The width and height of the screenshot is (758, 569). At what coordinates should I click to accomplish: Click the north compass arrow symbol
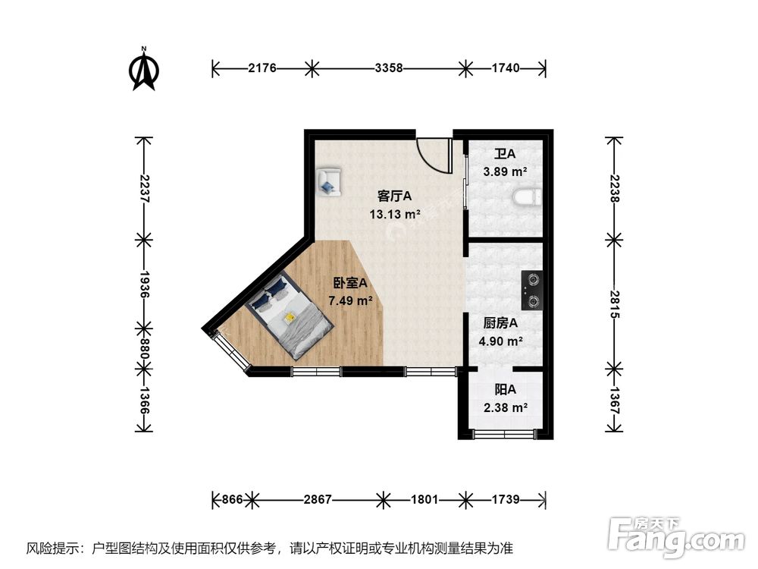tap(143, 70)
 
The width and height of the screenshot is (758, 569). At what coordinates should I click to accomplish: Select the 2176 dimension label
tap(262, 68)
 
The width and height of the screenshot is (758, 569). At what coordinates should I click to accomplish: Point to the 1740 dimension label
tap(505, 68)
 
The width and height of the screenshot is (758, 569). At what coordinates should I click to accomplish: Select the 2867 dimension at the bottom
tap(317, 499)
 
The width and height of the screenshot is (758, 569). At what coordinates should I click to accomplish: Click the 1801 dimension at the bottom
tap(424, 499)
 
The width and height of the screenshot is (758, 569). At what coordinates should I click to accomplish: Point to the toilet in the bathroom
tap(525, 199)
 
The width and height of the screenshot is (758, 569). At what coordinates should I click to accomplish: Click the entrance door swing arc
tap(434, 156)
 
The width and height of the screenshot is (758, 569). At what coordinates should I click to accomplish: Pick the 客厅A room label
tap(394, 196)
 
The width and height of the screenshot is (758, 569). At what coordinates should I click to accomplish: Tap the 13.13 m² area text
tap(394, 214)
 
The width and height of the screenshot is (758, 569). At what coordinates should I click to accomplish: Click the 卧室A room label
tap(350, 283)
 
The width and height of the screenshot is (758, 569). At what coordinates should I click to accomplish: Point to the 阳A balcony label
tap(505, 389)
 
